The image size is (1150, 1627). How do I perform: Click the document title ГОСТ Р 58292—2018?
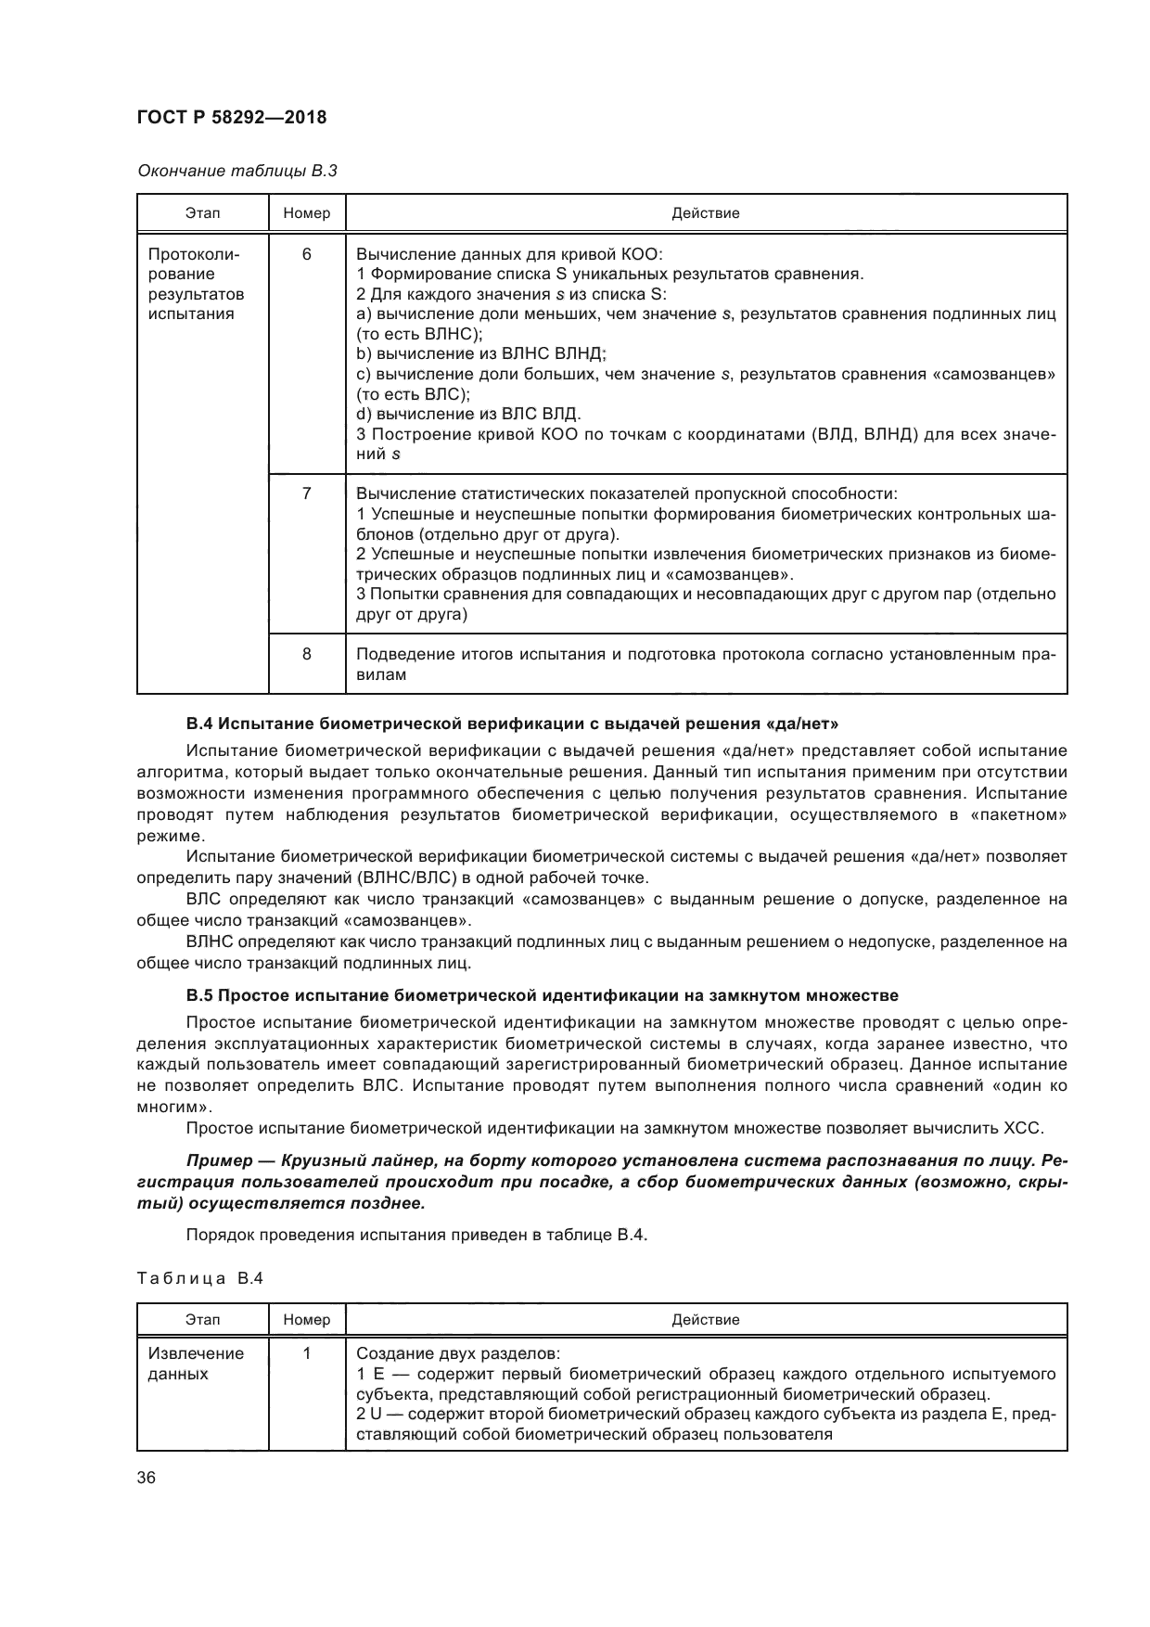coord(232,118)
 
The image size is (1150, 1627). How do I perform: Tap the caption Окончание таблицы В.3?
coord(236,171)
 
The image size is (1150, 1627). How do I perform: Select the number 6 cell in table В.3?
coord(307,254)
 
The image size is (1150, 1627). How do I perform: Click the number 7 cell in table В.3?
coord(307,493)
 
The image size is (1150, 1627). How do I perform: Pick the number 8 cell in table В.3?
coord(307,654)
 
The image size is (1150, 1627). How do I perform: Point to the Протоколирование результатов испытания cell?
coord(197,284)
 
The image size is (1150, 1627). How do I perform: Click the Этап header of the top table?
coord(202,213)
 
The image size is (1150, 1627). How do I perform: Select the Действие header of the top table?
coord(705,213)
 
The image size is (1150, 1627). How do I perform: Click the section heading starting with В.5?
coord(542,996)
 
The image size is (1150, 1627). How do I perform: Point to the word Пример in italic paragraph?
coord(220,1160)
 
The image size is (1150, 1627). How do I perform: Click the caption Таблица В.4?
coord(200,1278)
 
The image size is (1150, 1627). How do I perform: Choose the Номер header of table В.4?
coord(307,1319)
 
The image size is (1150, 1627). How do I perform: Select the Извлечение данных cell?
coord(197,1364)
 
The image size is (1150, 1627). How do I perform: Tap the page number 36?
coord(147,1479)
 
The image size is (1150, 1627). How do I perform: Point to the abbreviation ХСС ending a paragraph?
coord(1023,1129)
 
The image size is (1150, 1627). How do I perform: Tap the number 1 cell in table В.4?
coord(307,1353)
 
